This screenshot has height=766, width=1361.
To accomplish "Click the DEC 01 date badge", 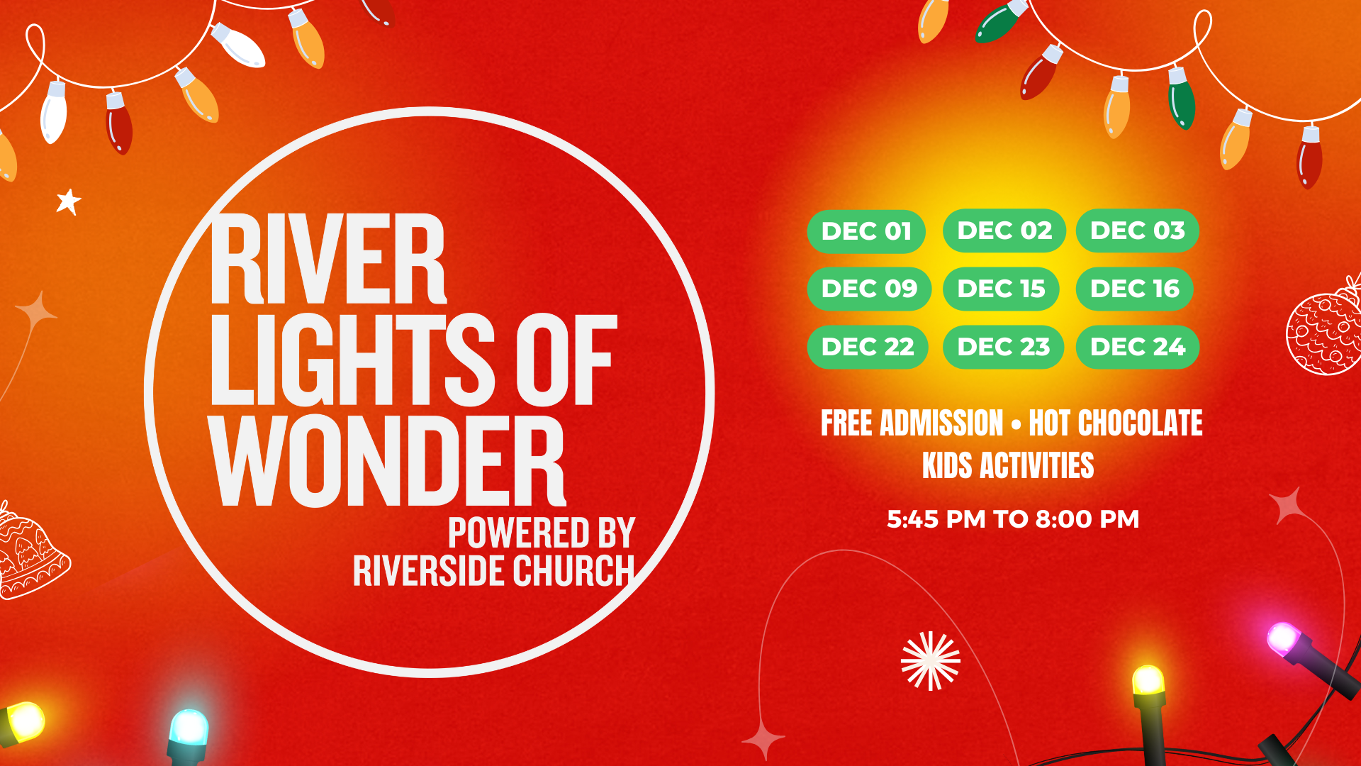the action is click(866, 231).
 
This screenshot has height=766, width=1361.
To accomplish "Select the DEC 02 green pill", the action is click(1004, 231).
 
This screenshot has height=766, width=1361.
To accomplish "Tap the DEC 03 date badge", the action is click(1138, 231).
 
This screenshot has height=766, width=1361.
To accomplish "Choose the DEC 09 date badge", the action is click(869, 289).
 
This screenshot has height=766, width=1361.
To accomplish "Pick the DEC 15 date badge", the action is click(1001, 289).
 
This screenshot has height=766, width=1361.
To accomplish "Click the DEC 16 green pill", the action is click(1135, 289).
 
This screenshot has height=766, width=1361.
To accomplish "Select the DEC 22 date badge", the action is click(868, 347).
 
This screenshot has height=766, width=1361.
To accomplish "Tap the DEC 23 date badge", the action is click(1003, 347).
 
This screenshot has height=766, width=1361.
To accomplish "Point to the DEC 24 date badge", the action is click(1138, 347).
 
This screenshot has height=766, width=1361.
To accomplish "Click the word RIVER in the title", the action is click(328, 259).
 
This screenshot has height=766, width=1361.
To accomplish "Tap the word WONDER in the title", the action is click(388, 461).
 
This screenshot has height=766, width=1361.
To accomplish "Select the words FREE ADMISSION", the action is click(912, 423).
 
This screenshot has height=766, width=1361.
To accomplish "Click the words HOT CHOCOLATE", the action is click(1116, 423).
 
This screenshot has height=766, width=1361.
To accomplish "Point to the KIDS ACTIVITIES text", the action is click(1008, 466).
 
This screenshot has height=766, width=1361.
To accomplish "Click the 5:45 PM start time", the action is click(936, 519).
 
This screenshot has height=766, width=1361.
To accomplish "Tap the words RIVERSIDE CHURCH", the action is click(494, 572).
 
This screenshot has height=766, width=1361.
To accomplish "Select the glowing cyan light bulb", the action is click(189, 728).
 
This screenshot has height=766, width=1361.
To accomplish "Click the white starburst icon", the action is click(931, 661).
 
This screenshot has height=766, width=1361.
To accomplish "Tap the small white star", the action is click(69, 201).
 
